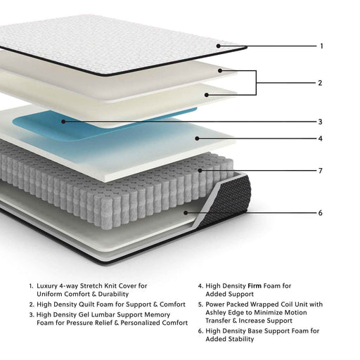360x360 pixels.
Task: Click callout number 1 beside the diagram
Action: pos(321,46)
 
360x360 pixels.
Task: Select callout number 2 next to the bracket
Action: pos(320,83)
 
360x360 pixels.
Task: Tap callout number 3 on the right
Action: pos(320,121)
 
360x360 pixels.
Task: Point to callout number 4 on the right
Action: pos(320,139)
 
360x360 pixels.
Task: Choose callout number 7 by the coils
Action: pos(320,171)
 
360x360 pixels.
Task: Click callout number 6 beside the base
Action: pos(320,212)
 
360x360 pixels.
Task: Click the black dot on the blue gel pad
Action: pos(63,121)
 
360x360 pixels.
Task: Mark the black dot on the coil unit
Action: pos(202,170)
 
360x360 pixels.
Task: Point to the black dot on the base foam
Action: pos(186,212)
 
